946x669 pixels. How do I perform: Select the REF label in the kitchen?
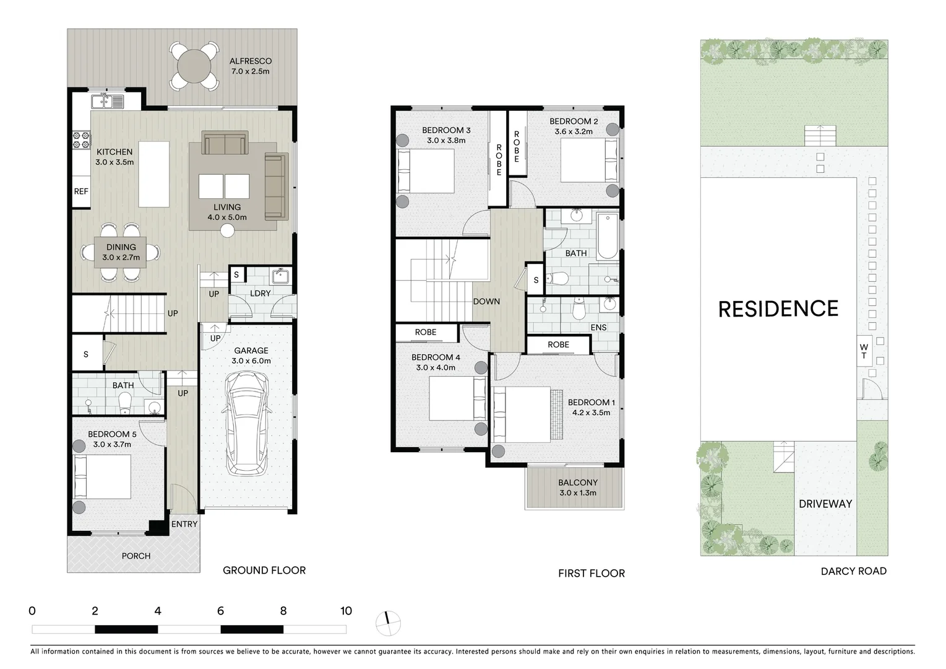[81, 191]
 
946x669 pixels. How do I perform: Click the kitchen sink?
[108, 101]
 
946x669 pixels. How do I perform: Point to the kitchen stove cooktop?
[81, 141]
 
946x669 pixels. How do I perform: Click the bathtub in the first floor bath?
[608, 236]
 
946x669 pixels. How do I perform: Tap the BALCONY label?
[578, 483]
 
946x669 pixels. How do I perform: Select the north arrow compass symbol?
[389, 623]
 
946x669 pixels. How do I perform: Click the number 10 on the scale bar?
[346, 611]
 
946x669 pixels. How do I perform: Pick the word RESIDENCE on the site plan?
[778, 309]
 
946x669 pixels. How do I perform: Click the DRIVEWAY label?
[825, 504]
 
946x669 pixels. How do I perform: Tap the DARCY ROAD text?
[853, 571]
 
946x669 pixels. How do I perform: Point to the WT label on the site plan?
[864, 351]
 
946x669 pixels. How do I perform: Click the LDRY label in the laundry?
[260, 293]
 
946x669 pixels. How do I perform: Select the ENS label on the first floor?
[598, 327]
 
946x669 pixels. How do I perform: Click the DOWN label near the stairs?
[486, 302]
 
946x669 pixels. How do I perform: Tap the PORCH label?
[136, 556]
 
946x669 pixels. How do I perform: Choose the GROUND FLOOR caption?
[264, 570]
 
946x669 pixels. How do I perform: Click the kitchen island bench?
[153, 174]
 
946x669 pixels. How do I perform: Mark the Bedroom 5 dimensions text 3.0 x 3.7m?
[112, 444]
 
